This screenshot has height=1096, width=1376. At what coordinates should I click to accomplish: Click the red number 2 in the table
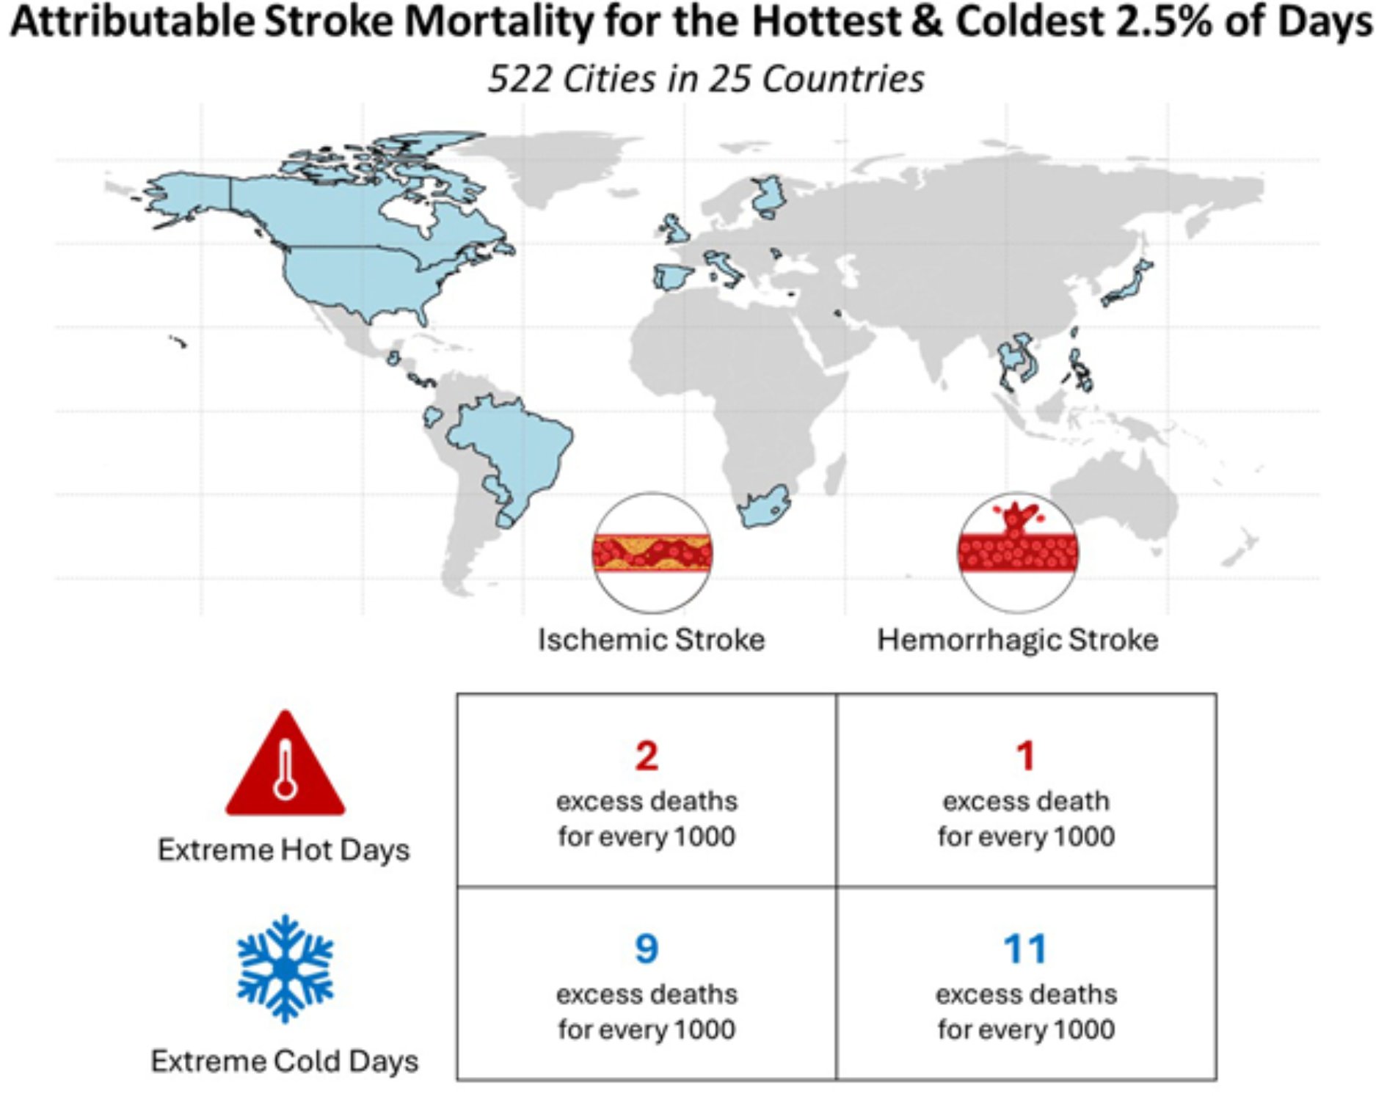647,756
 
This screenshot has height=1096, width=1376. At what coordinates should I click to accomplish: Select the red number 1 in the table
1026,756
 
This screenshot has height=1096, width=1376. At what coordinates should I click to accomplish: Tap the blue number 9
647,949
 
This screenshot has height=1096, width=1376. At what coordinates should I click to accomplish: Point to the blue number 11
1025,949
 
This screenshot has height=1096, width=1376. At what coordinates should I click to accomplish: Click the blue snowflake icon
285,968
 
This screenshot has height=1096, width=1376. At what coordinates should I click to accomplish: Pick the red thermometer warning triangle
285,767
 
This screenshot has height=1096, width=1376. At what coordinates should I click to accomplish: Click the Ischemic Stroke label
651,640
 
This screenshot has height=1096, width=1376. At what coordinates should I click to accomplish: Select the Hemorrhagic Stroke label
1018,640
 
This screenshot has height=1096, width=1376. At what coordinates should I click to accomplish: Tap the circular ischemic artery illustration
652,552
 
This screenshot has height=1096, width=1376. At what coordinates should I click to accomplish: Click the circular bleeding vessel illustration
1018,552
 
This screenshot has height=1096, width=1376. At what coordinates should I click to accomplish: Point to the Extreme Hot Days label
284,850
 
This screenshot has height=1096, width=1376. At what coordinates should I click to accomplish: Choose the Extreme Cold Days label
285,1062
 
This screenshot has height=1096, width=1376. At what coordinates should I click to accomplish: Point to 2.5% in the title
1164,22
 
